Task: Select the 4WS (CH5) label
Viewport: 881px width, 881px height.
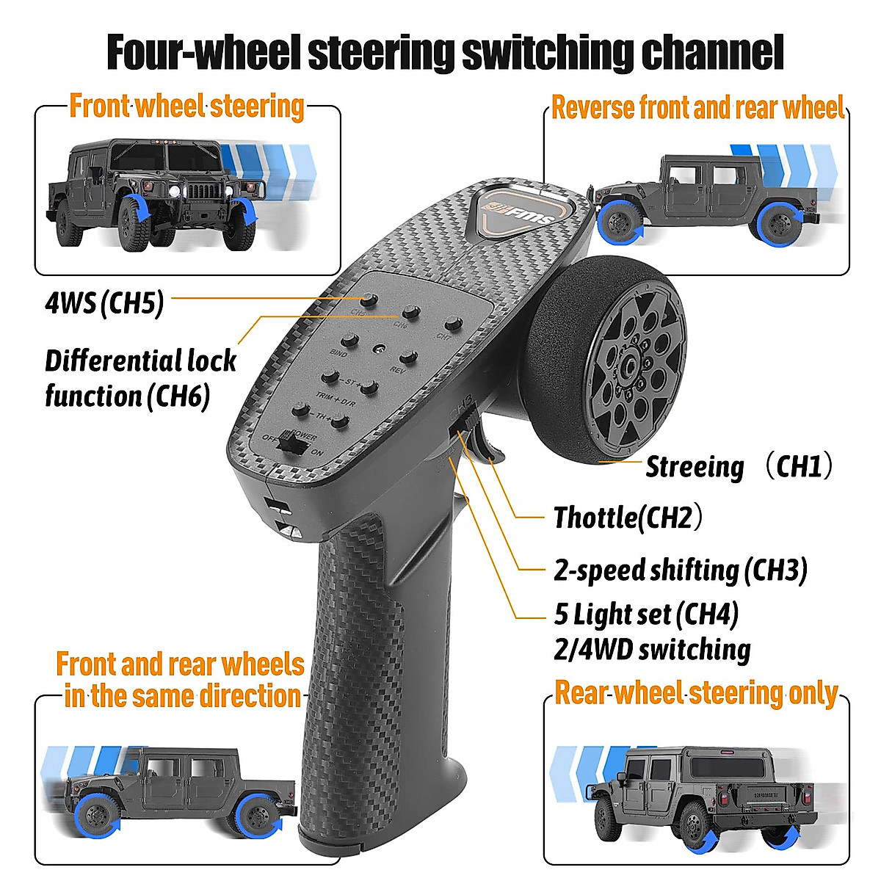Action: click(104, 302)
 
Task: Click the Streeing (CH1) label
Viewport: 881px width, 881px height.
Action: click(739, 466)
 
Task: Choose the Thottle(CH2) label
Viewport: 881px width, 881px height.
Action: click(627, 517)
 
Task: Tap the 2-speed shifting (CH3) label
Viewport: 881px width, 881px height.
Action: click(680, 570)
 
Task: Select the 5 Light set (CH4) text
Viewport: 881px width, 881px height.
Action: click(646, 614)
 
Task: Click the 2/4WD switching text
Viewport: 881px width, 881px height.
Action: click(652, 649)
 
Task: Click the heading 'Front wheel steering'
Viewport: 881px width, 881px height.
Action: click(186, 106)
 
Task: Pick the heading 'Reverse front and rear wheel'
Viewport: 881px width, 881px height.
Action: click(697, 107)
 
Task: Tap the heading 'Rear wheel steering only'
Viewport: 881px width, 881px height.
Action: click(696, 693)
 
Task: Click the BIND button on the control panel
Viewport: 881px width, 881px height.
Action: click(351, 341)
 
